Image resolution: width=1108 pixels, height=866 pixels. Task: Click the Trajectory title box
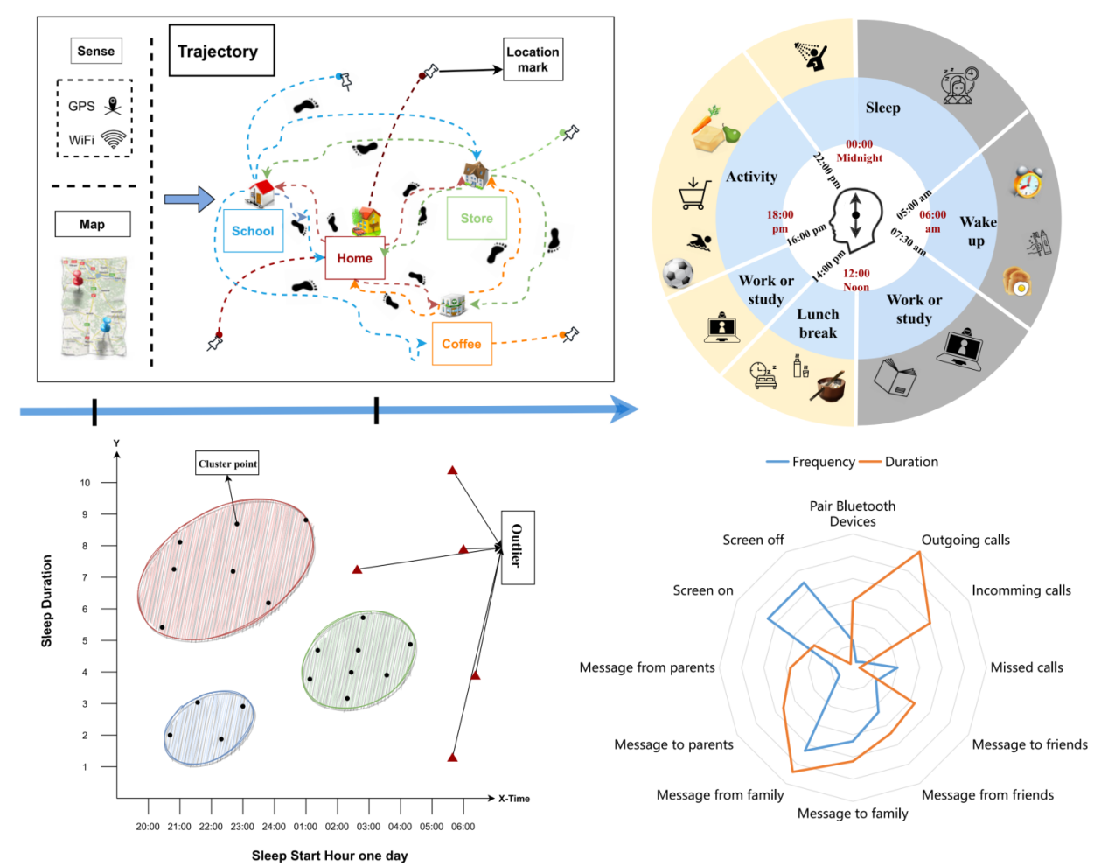coord(221,51)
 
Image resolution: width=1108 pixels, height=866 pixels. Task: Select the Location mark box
coord(533,59)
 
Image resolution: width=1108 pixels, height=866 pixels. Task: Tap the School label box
coord(253,231)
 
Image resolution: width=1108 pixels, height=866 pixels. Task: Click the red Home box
coord(354,258)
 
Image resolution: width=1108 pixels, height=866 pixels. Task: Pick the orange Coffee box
coord(462,344)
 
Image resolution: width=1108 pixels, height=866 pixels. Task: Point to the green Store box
coord(477,218)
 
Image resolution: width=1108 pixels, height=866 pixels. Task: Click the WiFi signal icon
coord(114,139)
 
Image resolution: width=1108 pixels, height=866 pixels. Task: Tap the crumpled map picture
coord(94,306)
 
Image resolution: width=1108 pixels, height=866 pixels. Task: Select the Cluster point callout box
coord(227,464)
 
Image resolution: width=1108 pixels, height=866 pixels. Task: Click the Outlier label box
coord(517,547)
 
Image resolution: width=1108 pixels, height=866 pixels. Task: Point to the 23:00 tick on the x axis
coord(242,826)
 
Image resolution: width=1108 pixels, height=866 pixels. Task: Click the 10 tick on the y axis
coord(85,483)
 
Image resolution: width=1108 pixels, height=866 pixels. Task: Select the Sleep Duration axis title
coord(47,601)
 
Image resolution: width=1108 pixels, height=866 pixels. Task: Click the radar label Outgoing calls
coord(965,540)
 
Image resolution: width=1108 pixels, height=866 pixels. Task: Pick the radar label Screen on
coord(702,590)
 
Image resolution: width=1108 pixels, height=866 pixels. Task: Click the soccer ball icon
coord(678,274)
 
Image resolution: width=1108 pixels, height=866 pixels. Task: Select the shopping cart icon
coord(694,194)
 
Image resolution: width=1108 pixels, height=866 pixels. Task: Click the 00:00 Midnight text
coord(859,150)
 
